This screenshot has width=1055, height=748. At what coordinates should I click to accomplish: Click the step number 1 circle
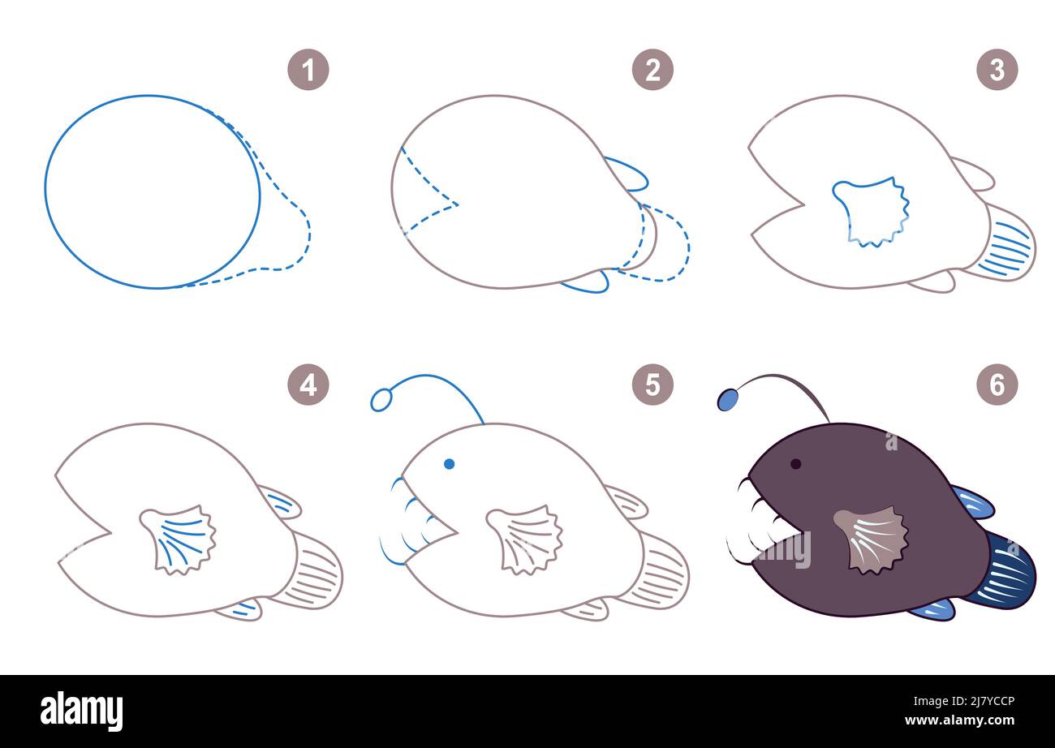tap(308, 70)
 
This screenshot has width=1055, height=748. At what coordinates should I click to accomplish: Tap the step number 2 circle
tap(652, 70)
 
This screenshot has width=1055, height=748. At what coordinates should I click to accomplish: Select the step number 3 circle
tap(997, 70)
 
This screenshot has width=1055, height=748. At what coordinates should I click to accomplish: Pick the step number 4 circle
tap(308, 385)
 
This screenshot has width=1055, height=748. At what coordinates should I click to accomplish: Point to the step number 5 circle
tap(652, 385)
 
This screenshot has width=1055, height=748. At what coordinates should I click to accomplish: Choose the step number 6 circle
tap(997, 385)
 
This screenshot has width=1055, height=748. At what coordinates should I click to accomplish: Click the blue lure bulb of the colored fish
tap(728, 400)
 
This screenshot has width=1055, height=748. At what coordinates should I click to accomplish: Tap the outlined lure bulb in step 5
tap(381, 400)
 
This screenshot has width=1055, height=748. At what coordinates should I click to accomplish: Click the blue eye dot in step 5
tap(450, 464)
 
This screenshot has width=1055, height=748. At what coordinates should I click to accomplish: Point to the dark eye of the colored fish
tap(795, 464)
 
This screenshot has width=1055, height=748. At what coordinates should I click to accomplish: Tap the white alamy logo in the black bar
tap(81, 711)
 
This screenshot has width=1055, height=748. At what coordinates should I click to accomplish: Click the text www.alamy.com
tap(959, 720)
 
